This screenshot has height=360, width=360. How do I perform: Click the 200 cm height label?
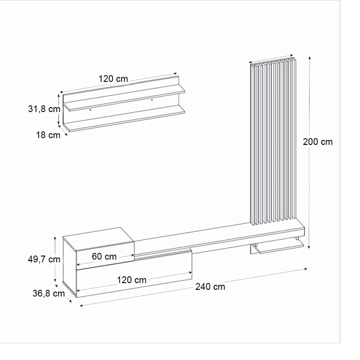pyautogui.click(x=318, y=142)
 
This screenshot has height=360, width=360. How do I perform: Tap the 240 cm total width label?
pyautogui.click(x=211, y=287)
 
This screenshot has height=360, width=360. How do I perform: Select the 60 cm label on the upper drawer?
pyautogui.click(x=104, y=256)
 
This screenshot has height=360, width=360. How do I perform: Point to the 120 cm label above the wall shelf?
pyautogui.click(x=113, y=79)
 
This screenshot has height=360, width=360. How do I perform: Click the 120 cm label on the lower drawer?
pyautogui.click(x=132, y=280)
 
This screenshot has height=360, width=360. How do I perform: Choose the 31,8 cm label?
pyautogui.click(x=44, y=109)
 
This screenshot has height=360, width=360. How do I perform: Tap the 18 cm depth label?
pyautogui.click(x=48, y=135)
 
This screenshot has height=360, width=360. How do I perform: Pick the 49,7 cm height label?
pyautogui.click(x=44, y=260)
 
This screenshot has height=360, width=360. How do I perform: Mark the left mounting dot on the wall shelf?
pyautogui.click(x=90, y=109)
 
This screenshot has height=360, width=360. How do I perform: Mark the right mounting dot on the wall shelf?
pyautogui.click(x=151, y=99)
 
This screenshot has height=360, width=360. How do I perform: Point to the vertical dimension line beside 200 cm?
pyautogui.click(x=309, y=151)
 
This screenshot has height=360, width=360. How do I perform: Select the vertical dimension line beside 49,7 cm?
pyautogui.click(x=56, y=260)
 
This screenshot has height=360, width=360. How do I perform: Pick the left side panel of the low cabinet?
pyautogui.click(x=69, y=268)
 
